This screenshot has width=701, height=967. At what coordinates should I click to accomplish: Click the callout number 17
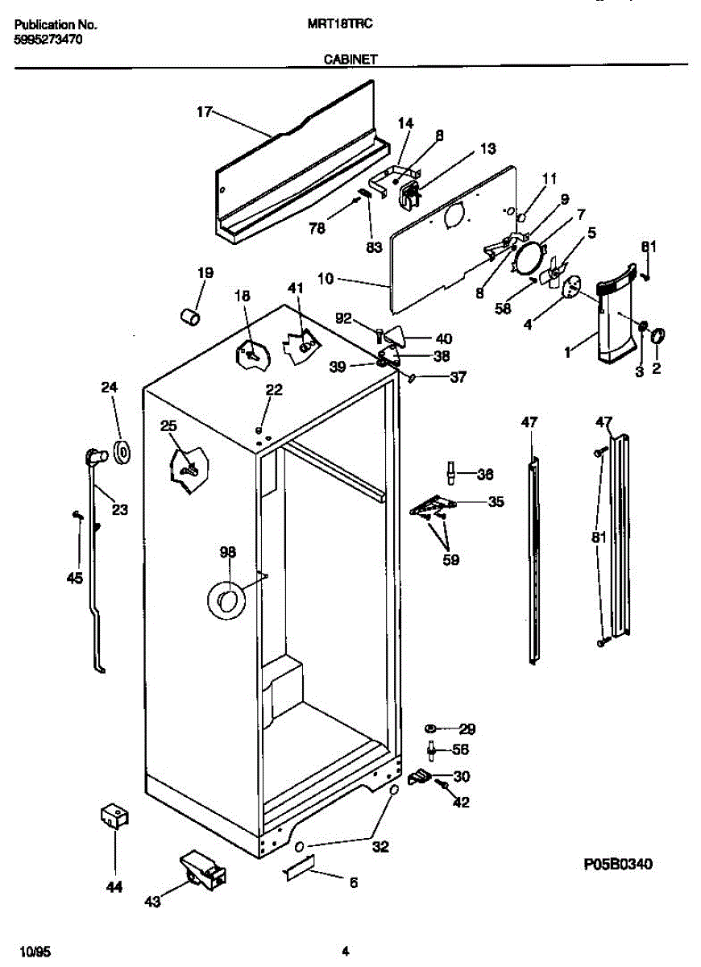point(204,112)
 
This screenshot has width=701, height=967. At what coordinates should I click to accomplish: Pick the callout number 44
point(114,887)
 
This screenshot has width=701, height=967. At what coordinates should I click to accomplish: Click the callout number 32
point(380,847)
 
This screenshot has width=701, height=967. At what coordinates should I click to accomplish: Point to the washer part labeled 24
point(123,452)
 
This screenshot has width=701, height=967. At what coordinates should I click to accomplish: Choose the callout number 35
point(496,501)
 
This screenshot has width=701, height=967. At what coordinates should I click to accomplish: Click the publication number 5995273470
point(48,39)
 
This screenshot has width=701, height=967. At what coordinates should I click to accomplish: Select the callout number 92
point(344,317)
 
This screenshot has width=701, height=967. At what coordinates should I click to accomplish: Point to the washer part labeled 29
point(432,729)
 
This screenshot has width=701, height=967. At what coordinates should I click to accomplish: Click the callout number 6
point(352,882)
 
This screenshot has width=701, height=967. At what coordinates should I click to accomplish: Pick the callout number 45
point(74,578)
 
